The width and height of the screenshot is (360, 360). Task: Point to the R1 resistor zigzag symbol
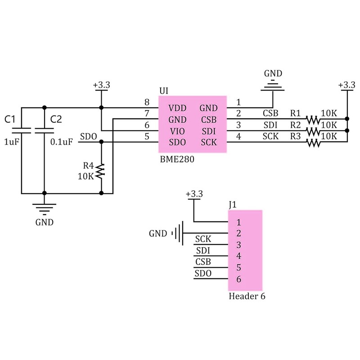[x=313, y=120]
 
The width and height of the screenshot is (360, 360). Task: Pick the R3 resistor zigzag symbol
[x=313, y=143]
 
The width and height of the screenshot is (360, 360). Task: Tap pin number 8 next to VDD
[x=146, y=102]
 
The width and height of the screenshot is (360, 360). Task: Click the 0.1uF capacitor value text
[x=61, y=142]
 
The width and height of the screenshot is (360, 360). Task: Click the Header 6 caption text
[x=247, y=297]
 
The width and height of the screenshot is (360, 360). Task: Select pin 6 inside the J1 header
[x=238, y=279]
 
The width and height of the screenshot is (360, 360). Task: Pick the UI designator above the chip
[x=164, y=91]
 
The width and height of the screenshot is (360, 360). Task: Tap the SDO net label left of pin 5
[x=88, y=136]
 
